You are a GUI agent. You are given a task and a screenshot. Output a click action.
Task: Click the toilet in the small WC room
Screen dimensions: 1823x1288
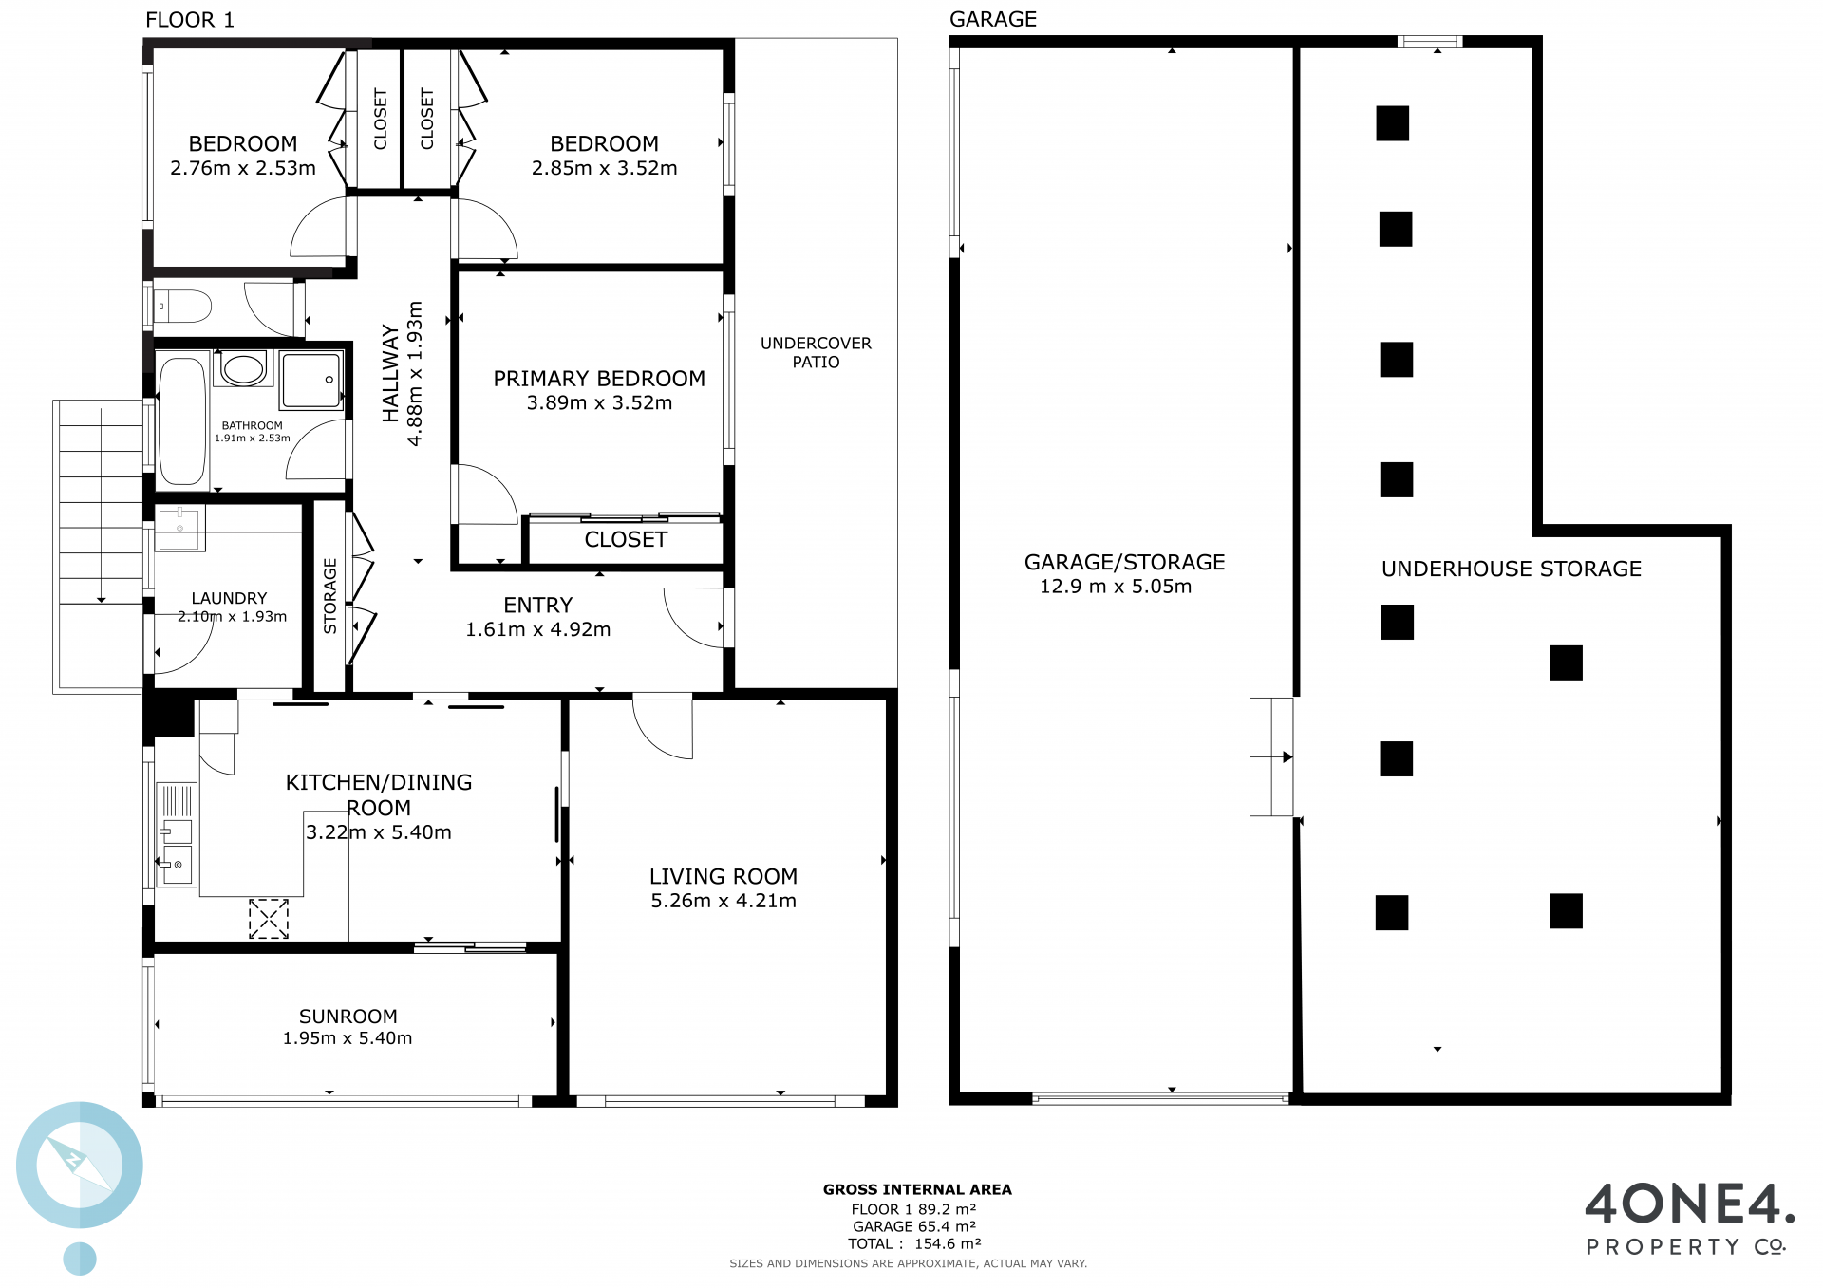182,307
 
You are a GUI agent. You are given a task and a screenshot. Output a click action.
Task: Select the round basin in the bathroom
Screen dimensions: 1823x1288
244,368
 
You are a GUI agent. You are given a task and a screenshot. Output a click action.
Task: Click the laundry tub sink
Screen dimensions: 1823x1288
179,528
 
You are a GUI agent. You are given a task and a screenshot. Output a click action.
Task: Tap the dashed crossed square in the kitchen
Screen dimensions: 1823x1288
269,919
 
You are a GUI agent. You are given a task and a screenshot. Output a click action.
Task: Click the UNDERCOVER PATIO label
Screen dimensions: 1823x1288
816,352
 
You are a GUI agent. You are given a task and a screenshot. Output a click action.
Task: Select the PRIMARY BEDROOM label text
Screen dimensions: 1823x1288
599,379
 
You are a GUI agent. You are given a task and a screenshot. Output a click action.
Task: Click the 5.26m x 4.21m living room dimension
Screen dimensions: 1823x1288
724,901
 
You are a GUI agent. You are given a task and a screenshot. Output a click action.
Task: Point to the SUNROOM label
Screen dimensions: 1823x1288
348,1017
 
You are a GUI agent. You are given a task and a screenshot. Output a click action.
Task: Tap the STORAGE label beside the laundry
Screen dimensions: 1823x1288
330,596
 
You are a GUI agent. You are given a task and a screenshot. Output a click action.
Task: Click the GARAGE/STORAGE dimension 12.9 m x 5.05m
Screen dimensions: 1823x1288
1116,587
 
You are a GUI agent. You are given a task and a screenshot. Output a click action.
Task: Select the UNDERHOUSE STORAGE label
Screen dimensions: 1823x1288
1512,569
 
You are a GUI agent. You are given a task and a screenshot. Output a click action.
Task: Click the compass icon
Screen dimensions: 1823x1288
80,1165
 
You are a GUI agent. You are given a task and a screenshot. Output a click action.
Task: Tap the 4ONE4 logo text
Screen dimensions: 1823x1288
1690,1204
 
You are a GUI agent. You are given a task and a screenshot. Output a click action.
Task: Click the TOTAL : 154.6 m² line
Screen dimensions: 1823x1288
914,1244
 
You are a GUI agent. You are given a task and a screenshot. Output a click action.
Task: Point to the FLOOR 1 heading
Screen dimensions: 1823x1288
190,20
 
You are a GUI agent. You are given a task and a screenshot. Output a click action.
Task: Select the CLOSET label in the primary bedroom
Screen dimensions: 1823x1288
626,540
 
